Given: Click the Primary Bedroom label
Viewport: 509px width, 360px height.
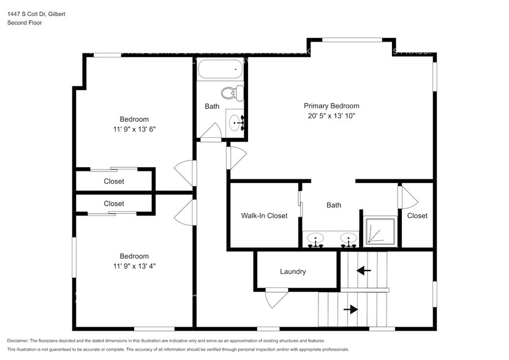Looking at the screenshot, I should pyautogui.click(x=331, y=105).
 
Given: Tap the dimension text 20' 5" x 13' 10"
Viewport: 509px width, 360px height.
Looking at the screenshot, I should pyautogui.click(x=331, y=116).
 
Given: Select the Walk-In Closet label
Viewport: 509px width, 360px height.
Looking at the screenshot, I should pyautogui.click(x=264, y=216).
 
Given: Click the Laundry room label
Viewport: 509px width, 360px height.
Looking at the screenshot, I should pyautogui.click(x=293, y=271).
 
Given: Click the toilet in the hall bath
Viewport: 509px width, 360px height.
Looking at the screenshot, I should pyautogui.click(x=231, y=94).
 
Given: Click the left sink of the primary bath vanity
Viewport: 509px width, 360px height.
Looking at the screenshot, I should pyautogui.click(x=316, y=239).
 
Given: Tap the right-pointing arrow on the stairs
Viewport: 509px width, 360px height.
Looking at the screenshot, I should pyautogui.click(x=350, y=310).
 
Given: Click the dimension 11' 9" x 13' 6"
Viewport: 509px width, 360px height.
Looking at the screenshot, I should pyautogui.click(x=134, y=129).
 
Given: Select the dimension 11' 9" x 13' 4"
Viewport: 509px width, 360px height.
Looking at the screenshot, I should pyautogui.click(x=134, y=266).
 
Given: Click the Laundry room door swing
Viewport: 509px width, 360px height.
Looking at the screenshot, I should pyautogui.click(x=274, y=299).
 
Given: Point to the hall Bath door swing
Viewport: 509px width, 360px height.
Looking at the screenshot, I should pyautogui.click(x=212, y=132).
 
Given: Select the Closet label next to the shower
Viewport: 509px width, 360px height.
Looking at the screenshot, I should pyautogui.click(x=417, y=216).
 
